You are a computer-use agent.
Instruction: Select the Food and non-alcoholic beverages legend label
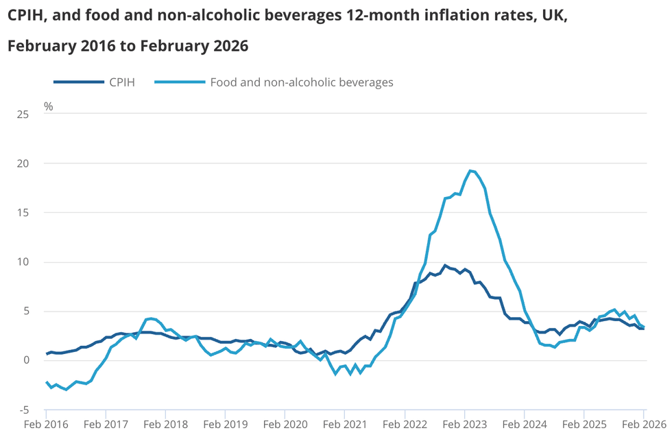coord(301,82)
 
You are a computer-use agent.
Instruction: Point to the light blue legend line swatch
coord(180,82)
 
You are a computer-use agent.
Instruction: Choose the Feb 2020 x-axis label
coord(285,425)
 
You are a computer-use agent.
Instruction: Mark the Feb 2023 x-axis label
coord(464,425)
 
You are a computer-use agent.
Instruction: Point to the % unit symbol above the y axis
coord(48,106)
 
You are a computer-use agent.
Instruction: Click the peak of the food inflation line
coord(470,171)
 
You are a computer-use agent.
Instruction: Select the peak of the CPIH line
coord(444,265)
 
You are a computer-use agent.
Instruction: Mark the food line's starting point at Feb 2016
coord(47,382)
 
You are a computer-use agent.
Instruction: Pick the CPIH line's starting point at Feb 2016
coord(47,354)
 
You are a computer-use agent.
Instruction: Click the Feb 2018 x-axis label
coord(165,425)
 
